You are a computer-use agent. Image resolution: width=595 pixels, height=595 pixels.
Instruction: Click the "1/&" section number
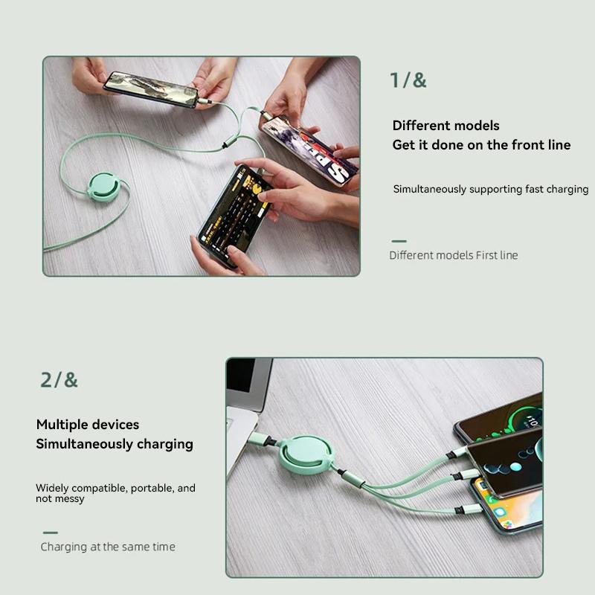408,80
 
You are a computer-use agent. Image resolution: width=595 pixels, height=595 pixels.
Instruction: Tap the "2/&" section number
59,380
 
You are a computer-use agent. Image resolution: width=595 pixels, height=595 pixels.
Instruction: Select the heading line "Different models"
446,126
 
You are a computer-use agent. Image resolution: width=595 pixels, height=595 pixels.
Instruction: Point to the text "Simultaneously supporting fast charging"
490,190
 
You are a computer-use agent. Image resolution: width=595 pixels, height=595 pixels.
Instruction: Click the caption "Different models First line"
453,255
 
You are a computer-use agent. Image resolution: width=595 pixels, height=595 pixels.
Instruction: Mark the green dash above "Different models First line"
399,241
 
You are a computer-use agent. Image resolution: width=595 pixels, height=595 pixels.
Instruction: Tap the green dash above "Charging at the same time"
50,533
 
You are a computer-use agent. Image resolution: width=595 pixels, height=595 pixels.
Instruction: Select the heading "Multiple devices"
87,425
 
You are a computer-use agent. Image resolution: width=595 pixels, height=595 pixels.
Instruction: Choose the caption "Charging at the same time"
108,547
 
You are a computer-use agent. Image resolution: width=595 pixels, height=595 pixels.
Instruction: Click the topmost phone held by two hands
151,89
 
